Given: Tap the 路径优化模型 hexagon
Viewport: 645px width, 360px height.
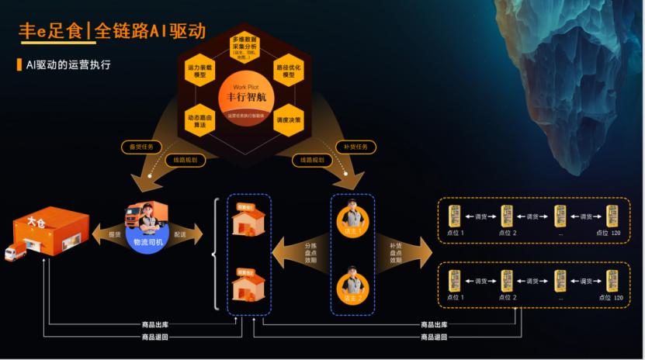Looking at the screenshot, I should [289, 72].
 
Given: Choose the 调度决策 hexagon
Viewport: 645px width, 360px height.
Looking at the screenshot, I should [289, 120].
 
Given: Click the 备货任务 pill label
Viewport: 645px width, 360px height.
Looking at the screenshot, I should [141, 146].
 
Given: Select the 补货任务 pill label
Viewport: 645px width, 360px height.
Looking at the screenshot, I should [355, 146].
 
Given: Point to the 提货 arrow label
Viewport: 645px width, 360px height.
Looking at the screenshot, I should [114, 234].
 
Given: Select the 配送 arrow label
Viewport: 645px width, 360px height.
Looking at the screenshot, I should [180, 234].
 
